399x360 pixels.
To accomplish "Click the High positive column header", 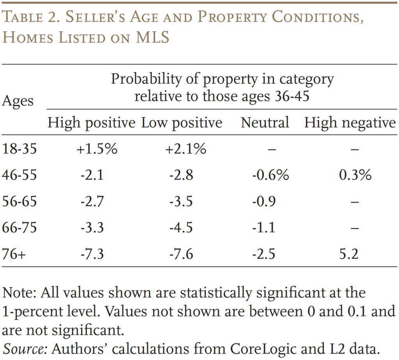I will pos(91,123).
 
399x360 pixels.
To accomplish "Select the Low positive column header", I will pos(181,123).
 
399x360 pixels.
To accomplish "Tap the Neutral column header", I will pos(265,123).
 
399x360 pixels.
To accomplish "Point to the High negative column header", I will pos(350,123).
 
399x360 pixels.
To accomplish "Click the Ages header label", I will pos(18,101).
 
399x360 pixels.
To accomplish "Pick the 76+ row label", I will pos(14,254).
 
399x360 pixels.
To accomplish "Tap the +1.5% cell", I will pos(97,149).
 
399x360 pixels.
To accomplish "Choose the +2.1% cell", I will pos(185,149).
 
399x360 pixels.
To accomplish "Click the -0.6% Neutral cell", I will pos(270,175).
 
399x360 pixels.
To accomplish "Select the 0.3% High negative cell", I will pos(355,175).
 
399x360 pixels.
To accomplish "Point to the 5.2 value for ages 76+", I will pos(349,254).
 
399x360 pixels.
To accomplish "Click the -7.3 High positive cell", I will pos(92,254).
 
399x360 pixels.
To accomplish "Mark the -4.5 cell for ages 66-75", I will pos(181,227).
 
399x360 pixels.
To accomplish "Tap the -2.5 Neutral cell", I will pos(263,254).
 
